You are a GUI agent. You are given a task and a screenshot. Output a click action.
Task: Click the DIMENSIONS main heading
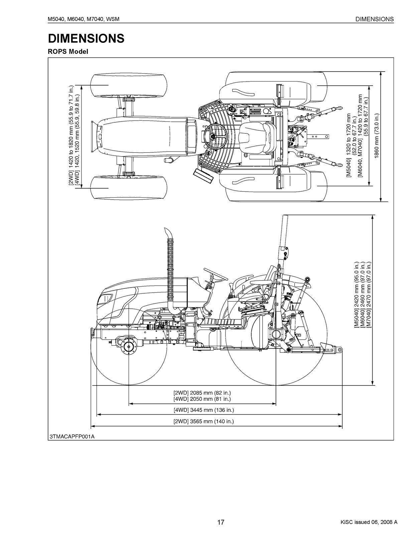86,38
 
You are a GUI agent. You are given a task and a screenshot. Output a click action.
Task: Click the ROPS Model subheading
68,52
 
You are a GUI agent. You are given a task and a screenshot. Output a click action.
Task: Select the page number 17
221,522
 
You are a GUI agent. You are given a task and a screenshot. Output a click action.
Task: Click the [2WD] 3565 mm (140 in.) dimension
203,421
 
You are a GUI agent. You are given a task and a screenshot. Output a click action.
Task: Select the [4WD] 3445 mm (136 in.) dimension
203,410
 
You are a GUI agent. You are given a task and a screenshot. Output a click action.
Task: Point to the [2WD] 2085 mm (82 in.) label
202,393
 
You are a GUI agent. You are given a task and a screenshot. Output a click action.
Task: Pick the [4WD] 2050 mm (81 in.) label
202,399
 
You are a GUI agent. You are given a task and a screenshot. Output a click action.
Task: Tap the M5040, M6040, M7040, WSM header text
84,19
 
